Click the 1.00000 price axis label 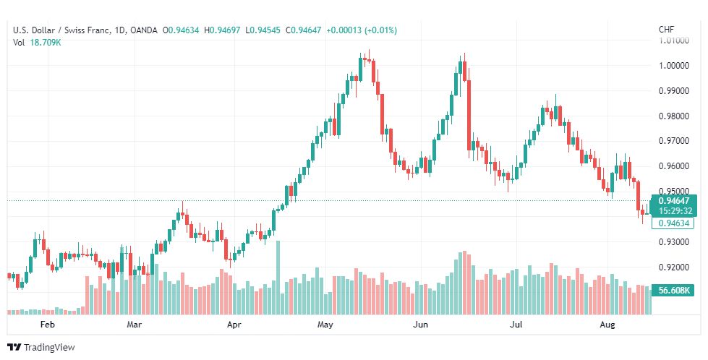(674, 65)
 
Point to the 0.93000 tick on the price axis (674, 242)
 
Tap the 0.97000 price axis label (674, 141)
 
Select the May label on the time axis (325, 325)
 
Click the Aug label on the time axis (607, 325)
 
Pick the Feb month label (48, 325)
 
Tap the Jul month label (516, 325)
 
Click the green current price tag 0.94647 (674, 201)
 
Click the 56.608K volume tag (674, 290)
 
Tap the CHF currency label (667, 30)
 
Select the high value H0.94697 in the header (222, 30)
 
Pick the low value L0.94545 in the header (263, 30)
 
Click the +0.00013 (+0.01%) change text (362, 30)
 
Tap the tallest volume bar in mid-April (278, 278)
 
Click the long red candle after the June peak (469, 115)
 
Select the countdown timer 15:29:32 (675, 211)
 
